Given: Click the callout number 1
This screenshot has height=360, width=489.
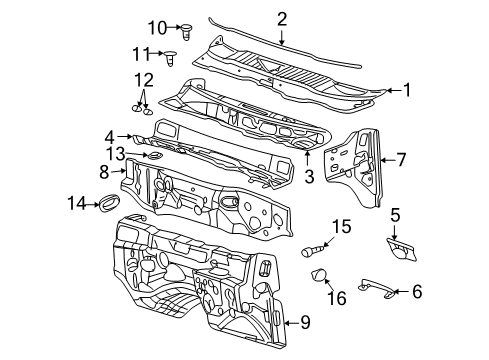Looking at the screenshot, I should (407, 89).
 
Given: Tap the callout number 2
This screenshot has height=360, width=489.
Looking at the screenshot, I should (282, 18).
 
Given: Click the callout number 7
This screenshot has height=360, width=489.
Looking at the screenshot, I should (401, 158).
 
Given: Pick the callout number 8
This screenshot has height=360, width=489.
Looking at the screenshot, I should (103, 171).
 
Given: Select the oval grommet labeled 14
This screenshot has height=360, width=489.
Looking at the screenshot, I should (104, 205).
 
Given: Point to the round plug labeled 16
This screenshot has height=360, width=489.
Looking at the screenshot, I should (320, 276).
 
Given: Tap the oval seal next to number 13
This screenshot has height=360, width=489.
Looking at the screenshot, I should (154, 156).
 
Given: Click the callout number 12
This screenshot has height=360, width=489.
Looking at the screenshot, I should (145, 79).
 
